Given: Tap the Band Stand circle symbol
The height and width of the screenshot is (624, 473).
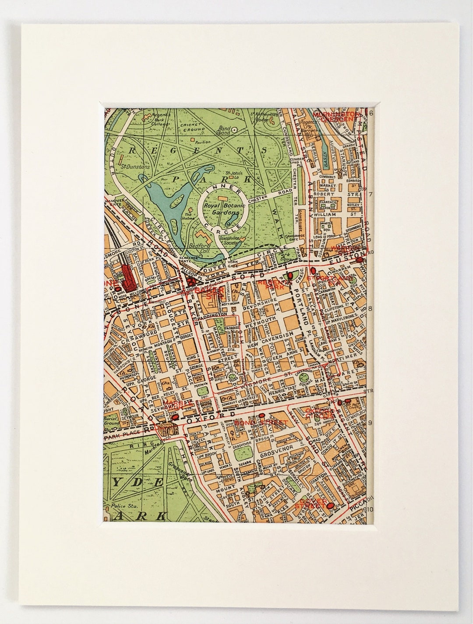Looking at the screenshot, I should click(x=234, y=130).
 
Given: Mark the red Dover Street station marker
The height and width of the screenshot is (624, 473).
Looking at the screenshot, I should click(x=331, y=506).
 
